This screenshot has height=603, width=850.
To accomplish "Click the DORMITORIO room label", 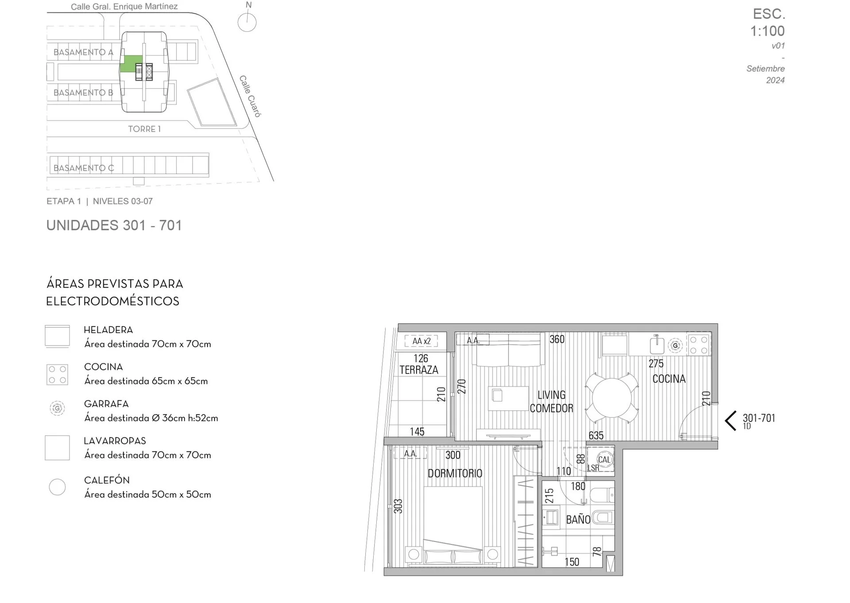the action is point(455,473).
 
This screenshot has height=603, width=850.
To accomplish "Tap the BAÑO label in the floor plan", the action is point(578,519).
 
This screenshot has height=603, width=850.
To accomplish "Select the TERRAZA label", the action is point(419,370).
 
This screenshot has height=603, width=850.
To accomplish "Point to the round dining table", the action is point(612,398).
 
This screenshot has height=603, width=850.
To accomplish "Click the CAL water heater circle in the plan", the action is point(604,459).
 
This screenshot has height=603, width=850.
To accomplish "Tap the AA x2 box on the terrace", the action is point(421,341).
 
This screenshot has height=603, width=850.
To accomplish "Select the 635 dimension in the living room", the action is point(596,436).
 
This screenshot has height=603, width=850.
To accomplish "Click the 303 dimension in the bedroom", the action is point(398,506).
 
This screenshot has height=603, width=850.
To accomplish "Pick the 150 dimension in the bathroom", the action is point(572,562).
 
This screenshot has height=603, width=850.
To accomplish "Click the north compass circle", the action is point(247,22).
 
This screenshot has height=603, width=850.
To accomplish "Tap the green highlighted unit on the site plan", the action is point(131,64).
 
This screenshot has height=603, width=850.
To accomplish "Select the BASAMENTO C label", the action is point(84,168).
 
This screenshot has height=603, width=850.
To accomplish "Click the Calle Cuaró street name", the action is point(250,96).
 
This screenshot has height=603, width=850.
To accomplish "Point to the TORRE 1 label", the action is point(144,129).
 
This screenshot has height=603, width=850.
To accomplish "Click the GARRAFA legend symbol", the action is point(57,408).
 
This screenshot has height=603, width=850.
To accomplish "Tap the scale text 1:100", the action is point(767,31).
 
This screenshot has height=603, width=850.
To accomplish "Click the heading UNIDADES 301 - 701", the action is point(114,225).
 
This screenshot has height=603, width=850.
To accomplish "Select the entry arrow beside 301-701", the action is point(730,420).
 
